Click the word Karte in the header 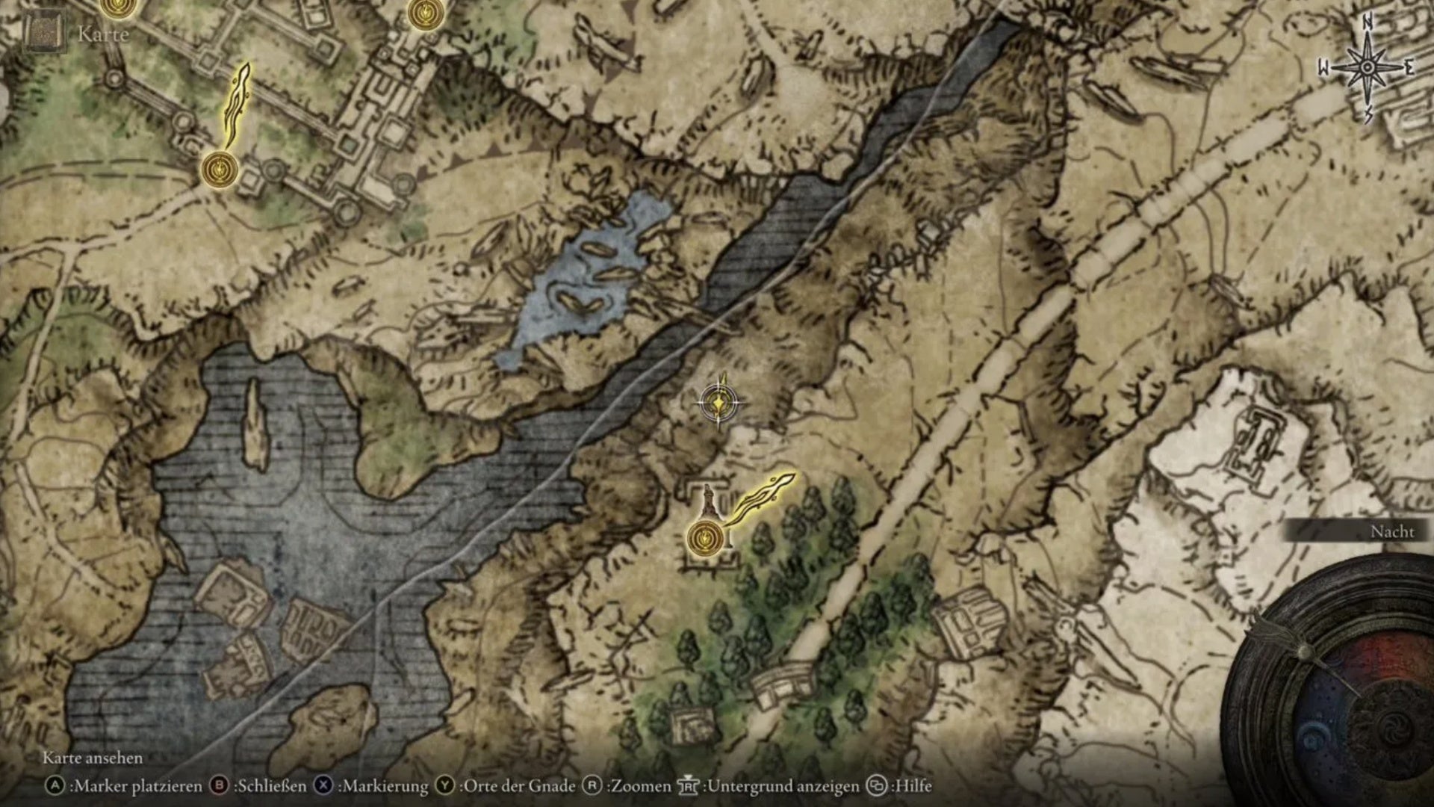click(x=103, y=34)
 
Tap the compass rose click(x=1367, y=68)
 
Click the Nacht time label click(x=1391, y=531)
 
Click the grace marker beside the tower click(x=705, y=537)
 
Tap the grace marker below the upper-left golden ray click(x=219, y=168)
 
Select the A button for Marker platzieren click(x=55, y=786)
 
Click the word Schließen click(x=270, y=786)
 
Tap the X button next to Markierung click(x=323, y=786)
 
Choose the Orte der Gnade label click(x=519, y=786)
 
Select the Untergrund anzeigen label click(x=783, y=786)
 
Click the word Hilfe click(x=913, y=786)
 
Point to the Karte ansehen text click(x=93, y=758)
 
